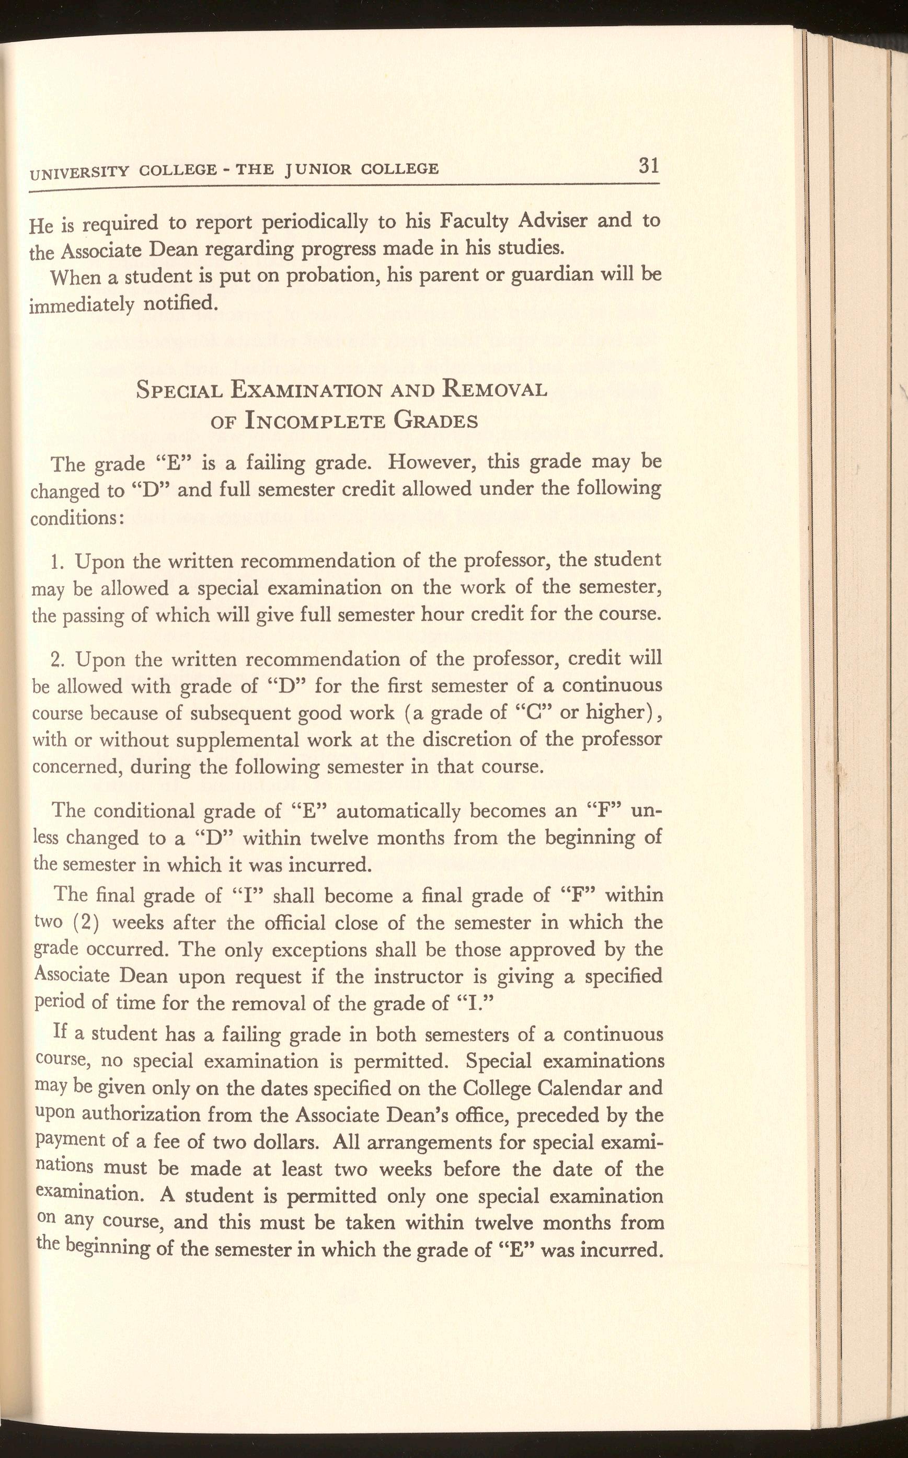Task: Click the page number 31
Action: tap(649, 165)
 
